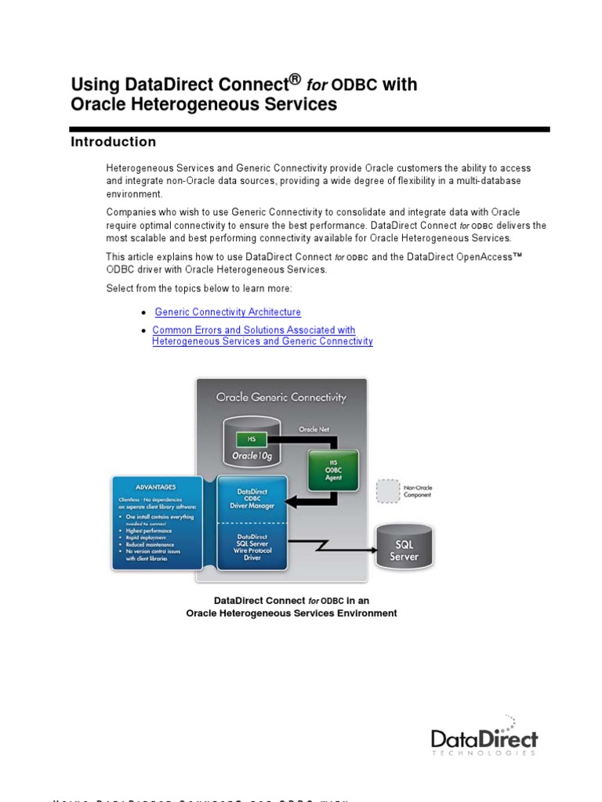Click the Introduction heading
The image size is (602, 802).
click(114, 142)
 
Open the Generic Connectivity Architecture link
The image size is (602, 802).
click(227, 312)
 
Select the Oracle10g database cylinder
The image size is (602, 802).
click(252, 443)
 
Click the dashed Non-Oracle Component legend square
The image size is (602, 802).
click(386, 491)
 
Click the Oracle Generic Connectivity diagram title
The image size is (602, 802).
click(281, 397)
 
